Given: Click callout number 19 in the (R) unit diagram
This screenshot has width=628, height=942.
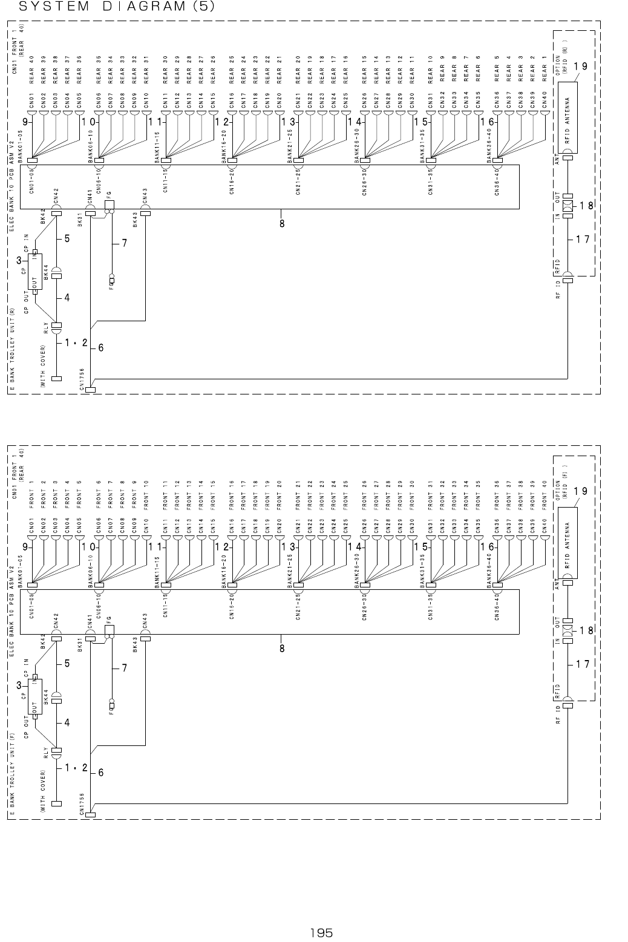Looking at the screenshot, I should [580, 65].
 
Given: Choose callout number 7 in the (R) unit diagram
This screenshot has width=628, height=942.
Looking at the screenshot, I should [124, 243].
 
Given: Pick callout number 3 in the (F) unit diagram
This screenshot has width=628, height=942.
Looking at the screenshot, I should [19, 685].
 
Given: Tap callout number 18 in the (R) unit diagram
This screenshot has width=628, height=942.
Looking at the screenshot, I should [585, 206].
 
